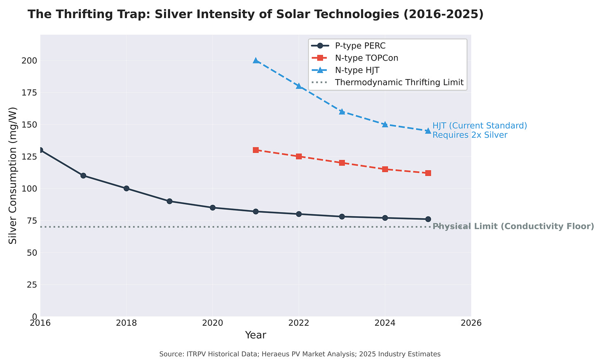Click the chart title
[255, 14]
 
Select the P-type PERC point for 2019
[169, 201]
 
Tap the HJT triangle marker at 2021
[255, 61]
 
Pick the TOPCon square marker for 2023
[342, 163]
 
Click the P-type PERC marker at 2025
[428, 219]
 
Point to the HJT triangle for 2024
[385, 124]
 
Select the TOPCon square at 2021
[255, 150]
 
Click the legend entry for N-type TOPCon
[366, 58]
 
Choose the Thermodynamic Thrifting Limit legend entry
[399, 82]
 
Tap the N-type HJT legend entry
[357, 70]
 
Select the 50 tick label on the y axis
[32, 252]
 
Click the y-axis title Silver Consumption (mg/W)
[13, 175]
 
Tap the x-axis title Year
[255, 335]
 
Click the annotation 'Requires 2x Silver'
[470, 135]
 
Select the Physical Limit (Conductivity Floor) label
[513, 227]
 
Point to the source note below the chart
[300, 354]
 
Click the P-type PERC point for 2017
[83, 175]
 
